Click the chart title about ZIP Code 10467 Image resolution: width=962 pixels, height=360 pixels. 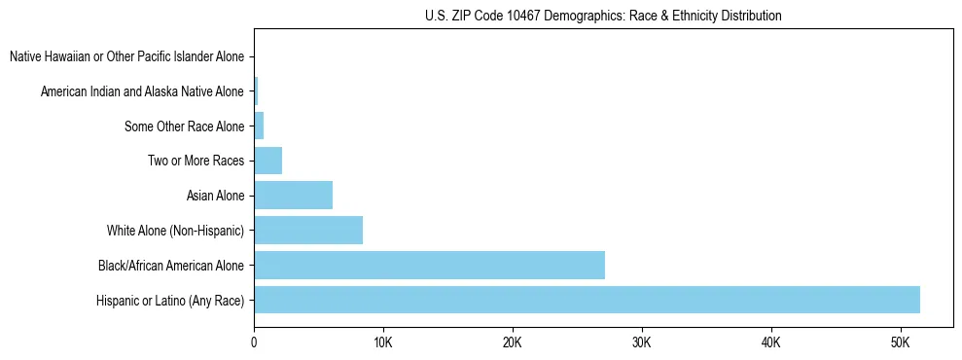[x=603, y=16]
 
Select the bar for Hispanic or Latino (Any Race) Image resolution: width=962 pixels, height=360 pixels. [x=587, y=300]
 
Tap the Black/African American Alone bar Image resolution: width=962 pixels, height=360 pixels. [x=429, y=265]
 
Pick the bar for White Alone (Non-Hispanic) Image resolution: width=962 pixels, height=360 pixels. [x=308, y=231]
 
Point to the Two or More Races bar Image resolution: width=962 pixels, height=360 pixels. [x=267, y=161]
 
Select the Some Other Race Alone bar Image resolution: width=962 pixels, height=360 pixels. [x=259, y=126]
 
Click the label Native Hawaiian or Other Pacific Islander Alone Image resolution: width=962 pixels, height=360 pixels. [x=126, y=56]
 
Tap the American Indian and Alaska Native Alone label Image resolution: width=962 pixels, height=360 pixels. [x=142, y=91]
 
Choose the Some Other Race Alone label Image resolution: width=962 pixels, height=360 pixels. [x=184, y=126]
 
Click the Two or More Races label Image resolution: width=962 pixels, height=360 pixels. [x=196, y=161]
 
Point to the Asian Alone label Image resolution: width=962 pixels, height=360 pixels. [x=215, y=196]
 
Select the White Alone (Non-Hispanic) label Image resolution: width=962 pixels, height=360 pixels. [x=175, y=231]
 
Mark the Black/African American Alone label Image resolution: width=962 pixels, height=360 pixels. [x=171, y=266]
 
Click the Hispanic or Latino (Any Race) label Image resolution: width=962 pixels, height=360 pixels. [x=170, y=301]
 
